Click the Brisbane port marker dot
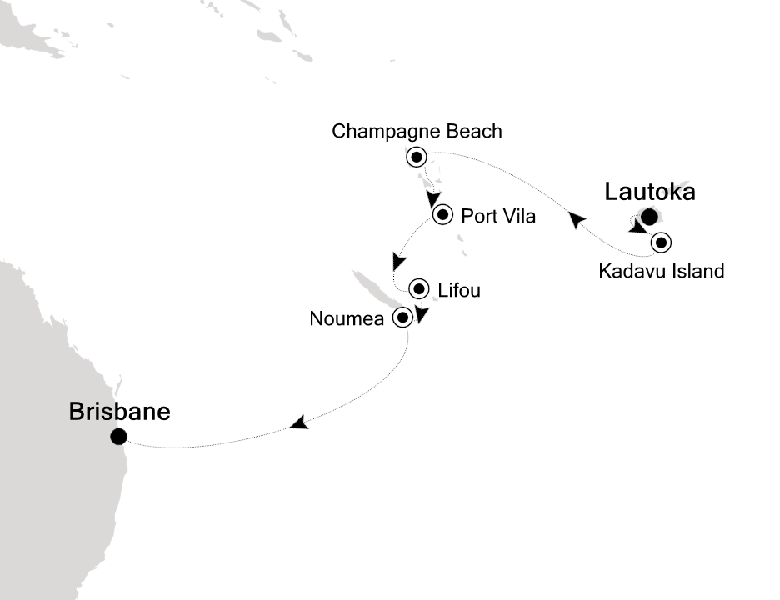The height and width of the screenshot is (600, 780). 118,436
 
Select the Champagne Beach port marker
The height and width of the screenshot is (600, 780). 415,156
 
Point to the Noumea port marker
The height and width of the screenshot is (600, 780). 403,317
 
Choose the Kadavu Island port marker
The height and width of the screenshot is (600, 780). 662,243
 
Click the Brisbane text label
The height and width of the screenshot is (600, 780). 120,412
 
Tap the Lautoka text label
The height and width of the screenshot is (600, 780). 649,192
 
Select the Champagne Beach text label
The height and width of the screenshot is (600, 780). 417,131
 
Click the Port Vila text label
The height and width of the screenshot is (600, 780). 498,217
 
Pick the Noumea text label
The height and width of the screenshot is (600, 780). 347,317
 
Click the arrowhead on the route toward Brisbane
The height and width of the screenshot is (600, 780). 299,424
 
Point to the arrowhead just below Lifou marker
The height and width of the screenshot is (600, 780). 422,315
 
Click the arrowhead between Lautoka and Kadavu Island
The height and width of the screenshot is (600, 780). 637,227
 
